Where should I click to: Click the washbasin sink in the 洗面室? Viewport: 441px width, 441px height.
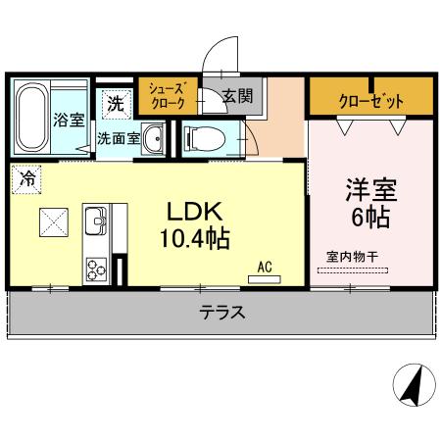(154, 142)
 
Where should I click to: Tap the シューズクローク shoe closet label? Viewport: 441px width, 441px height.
(165, 95)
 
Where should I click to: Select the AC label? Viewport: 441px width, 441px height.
(265, 266)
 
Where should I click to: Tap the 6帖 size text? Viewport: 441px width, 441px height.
(368, 217)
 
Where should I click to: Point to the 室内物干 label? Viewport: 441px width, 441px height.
(353, 257)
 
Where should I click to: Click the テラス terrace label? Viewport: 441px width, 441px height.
(222, 314)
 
